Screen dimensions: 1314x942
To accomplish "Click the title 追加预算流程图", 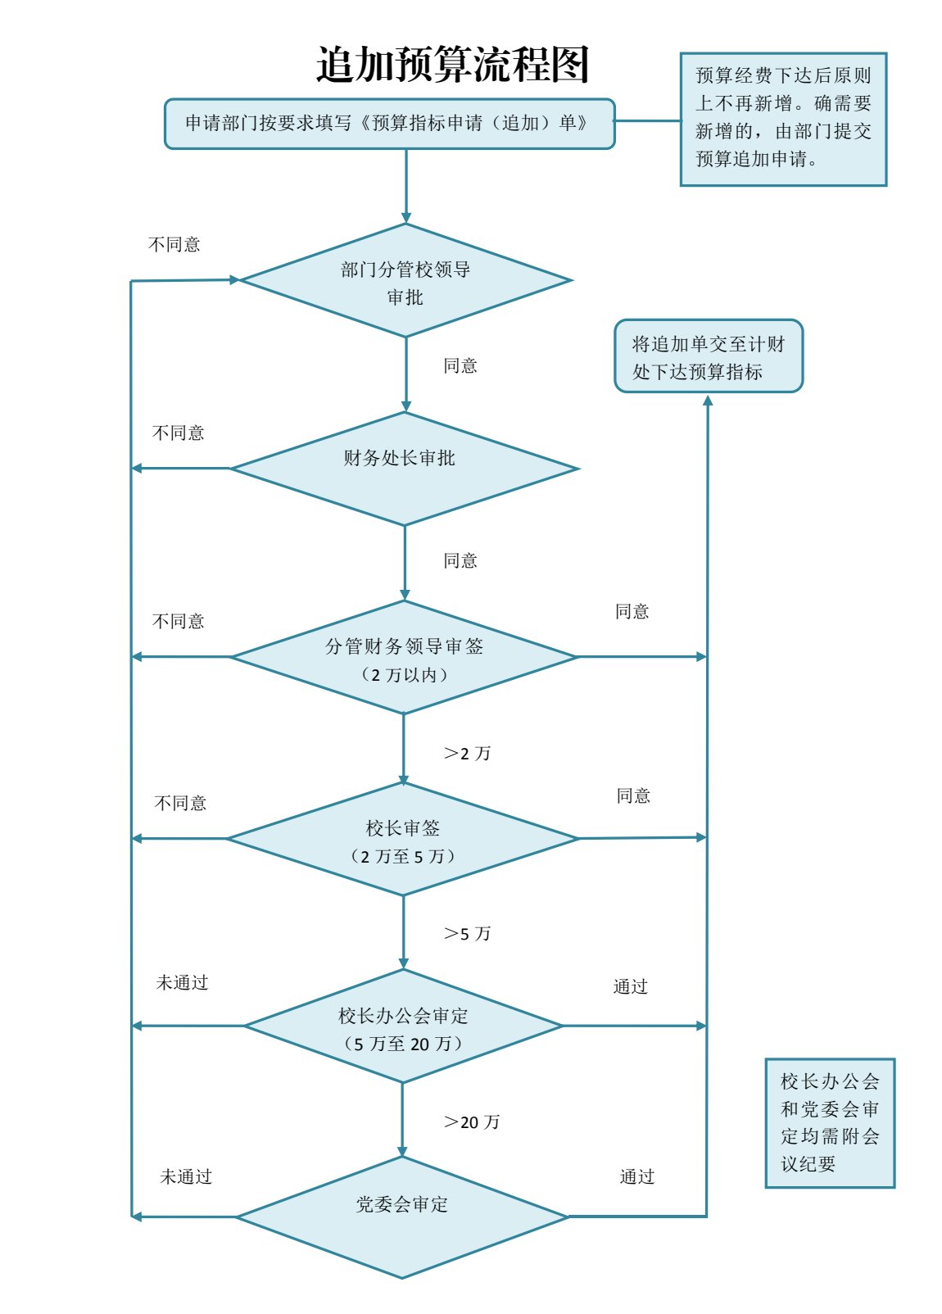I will pos(452,65).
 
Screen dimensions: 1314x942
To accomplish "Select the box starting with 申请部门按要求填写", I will pos(389,124).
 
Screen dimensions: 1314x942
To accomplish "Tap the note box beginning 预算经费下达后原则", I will pos(783,119).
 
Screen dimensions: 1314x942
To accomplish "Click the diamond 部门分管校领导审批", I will pos(405,281).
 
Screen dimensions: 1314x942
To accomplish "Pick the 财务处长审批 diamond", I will pos(404,468).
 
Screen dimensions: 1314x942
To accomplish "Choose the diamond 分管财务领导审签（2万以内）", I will pos(404,657).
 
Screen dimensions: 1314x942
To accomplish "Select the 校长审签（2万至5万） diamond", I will pos(402,839).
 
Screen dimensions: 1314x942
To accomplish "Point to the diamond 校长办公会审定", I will pos(403,1026).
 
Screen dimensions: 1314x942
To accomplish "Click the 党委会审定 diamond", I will pos(402,1216).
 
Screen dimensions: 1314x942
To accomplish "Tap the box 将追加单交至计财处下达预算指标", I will pos(709,356).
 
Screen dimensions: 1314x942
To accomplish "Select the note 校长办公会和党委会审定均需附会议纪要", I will pos(829,1122).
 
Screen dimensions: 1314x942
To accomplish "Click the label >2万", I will pos(467,754).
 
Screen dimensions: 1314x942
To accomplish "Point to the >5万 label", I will pos(467,934).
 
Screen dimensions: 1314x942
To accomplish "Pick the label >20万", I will pos(471,1122).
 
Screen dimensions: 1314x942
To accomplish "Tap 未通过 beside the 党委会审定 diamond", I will pos(186,1177).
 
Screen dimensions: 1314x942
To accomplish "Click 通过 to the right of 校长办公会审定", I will pos(631,987).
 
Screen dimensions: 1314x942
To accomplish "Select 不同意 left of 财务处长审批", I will pos(179,433).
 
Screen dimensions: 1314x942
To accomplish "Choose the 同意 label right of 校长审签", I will pos(633,796).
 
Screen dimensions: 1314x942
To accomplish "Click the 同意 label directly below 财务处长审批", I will pos(460,561).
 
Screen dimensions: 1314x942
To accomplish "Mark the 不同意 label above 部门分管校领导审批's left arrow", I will pos(174,245).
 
